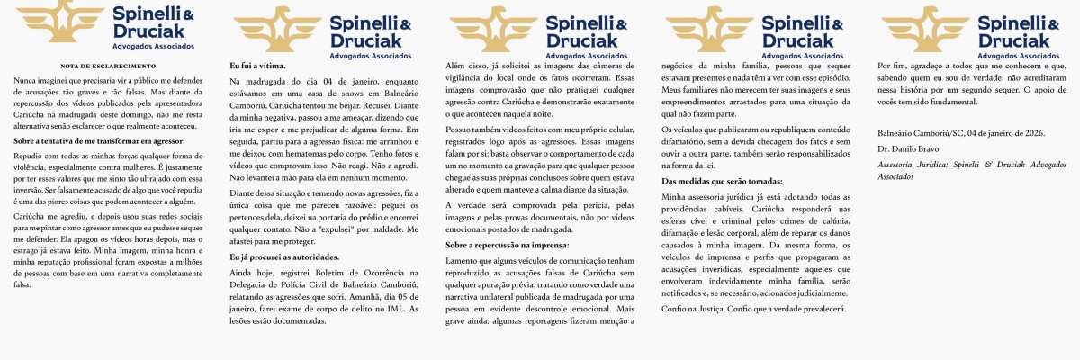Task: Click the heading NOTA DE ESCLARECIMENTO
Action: (108, 66)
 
